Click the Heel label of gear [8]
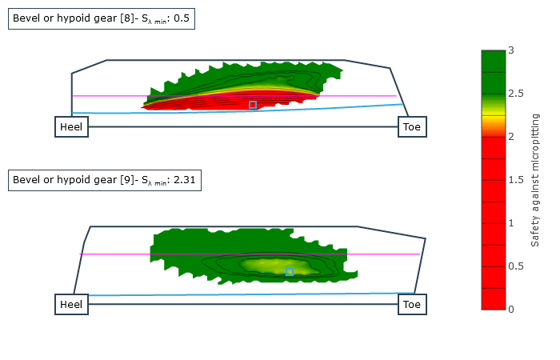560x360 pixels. pyautogui.click(x=71, y=127)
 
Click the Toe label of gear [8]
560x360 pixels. pyautogui.click(x=412, y=127)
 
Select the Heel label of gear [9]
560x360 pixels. pyautogui.click(x=71, y=305)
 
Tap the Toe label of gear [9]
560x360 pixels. pyautogui.click(x=412, y=305)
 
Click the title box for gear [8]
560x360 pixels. pyautogui.click(x=102, y=18)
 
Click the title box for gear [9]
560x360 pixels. pyautogui.click(x=104, y=180)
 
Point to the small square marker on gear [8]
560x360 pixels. pyautogui.click(x=253, y=105)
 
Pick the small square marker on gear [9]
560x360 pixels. pyautogui.click(x=290, y=273)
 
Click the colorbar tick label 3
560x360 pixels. pyautogui.click(x=511, y=50)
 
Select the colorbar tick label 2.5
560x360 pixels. pyautogui.click(x=515, y=94)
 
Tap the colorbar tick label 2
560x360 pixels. pyautogui.click(x=511, y=137)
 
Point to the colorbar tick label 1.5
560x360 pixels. pyautogui.click(x=515, y=180)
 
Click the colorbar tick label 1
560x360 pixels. pyautogui.click(x=511, y=223)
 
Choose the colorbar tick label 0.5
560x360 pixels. pyautogui.click(x=515, y=266)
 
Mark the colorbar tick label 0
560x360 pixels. pyautogui.click(x=511, y=310)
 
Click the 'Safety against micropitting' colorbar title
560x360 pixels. pyautogui.click(x=535, y=180)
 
